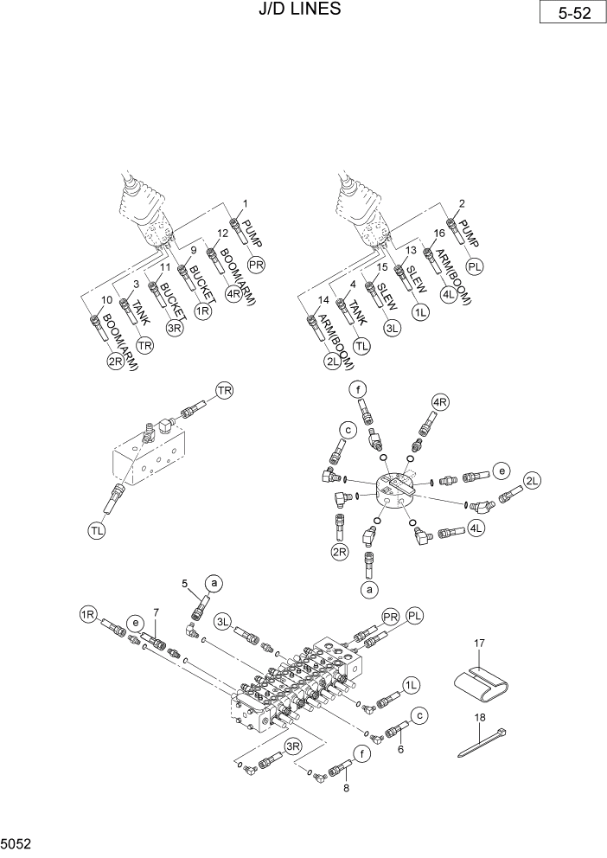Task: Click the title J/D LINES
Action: (x=298, y=10)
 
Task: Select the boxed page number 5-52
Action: (x=568, y=15)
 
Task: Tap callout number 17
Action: (x=481, y=643)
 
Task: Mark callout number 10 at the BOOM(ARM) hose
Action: (x=106, y=300)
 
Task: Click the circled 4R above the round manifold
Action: (x=439, y=401)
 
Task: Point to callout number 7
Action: (x=156, y=613)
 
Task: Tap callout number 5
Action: (x=184, y=585)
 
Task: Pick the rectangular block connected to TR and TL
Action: (x=151, y=458)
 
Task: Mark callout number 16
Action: (x=439, y=234)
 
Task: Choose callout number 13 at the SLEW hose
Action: (x=412, y=251)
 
